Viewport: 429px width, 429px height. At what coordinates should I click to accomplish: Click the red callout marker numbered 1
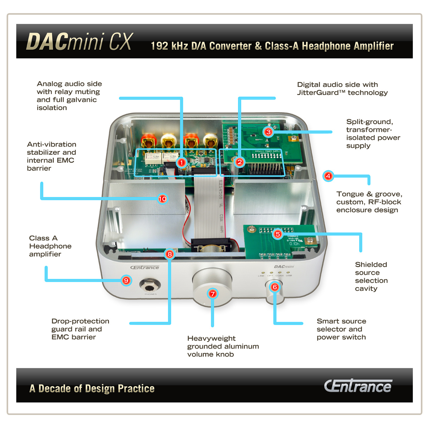tap(182, 163)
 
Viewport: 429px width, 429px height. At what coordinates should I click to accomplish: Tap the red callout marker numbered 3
tap(268, 132)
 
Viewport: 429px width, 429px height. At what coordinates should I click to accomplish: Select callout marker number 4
tap(328, 176)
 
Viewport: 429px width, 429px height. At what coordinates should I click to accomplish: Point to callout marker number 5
tap(278, 234)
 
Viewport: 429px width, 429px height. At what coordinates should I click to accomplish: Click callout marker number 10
tap(163, 199)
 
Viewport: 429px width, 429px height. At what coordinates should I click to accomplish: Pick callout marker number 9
tap(126, 281)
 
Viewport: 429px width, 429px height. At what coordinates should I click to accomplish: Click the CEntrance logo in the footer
tap(358, 386)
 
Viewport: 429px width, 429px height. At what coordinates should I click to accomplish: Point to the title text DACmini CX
tap(80, 42)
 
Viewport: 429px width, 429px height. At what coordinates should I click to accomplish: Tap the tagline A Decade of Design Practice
tap(92, 389)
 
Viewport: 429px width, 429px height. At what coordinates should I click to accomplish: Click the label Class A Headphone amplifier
tap(50, 246)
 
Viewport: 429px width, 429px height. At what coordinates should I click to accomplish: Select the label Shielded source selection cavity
tap(371, 276)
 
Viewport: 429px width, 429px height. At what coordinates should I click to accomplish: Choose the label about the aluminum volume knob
tap(223, 346)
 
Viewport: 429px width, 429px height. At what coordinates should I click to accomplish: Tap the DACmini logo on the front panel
tap(284, 267)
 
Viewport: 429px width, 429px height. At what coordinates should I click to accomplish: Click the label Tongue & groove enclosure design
tap(369, 202)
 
